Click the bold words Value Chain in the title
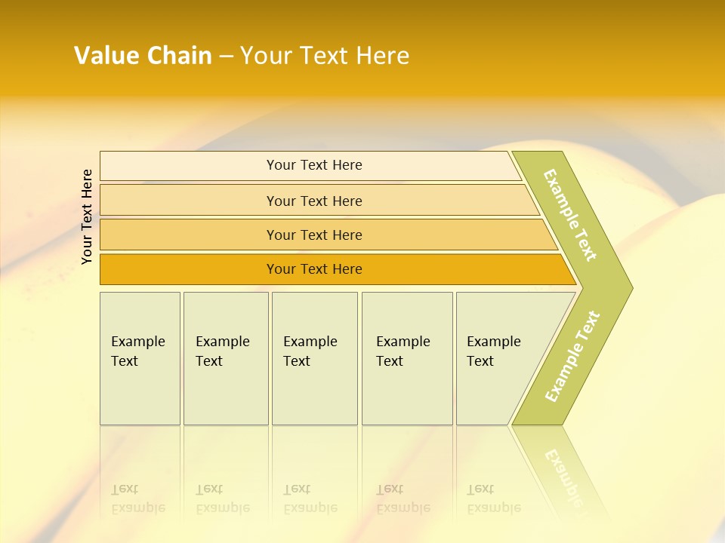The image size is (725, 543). (x=143, y=56)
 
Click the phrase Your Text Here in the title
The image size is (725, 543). (x=325, y=56)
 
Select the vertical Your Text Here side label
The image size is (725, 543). (x=88, y=217)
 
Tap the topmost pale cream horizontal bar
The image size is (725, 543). (x=189, y=166)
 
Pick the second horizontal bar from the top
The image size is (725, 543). (x=189, y=201)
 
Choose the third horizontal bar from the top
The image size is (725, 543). (x=189, y=235)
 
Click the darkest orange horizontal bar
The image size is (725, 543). (x=189, y=270)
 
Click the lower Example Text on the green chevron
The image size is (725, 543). (x=572, y=356)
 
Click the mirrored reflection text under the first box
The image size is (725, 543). (x=137, y=499)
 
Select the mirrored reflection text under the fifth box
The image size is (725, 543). (x=493, y=499)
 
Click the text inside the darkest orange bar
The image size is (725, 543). (x=314, y=269)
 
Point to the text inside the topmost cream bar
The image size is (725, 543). (x=314, y=165)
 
